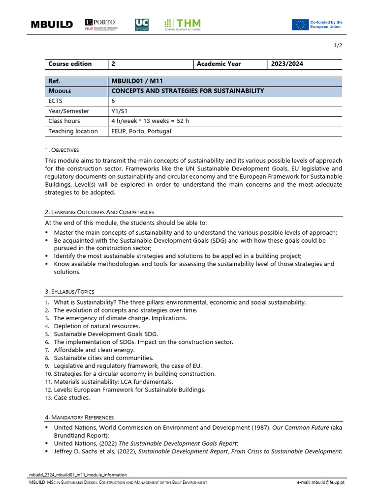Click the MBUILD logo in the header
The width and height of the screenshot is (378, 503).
pos(52,25)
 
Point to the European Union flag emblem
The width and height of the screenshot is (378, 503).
pos(300,25)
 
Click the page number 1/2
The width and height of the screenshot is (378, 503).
pos(338,46)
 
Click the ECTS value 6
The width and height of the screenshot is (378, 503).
pos(114,101)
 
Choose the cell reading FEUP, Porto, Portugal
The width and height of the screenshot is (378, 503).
pos(141,131)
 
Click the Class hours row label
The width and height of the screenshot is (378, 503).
pos(64,121)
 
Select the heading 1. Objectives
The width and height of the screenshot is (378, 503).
pos(62,150)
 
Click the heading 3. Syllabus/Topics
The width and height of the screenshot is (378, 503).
pos(69,292)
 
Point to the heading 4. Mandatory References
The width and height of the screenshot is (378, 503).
pos(79,418)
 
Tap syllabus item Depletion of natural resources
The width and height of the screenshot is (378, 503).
pos(97,326)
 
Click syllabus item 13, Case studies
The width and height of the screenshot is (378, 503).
pos(72,398)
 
